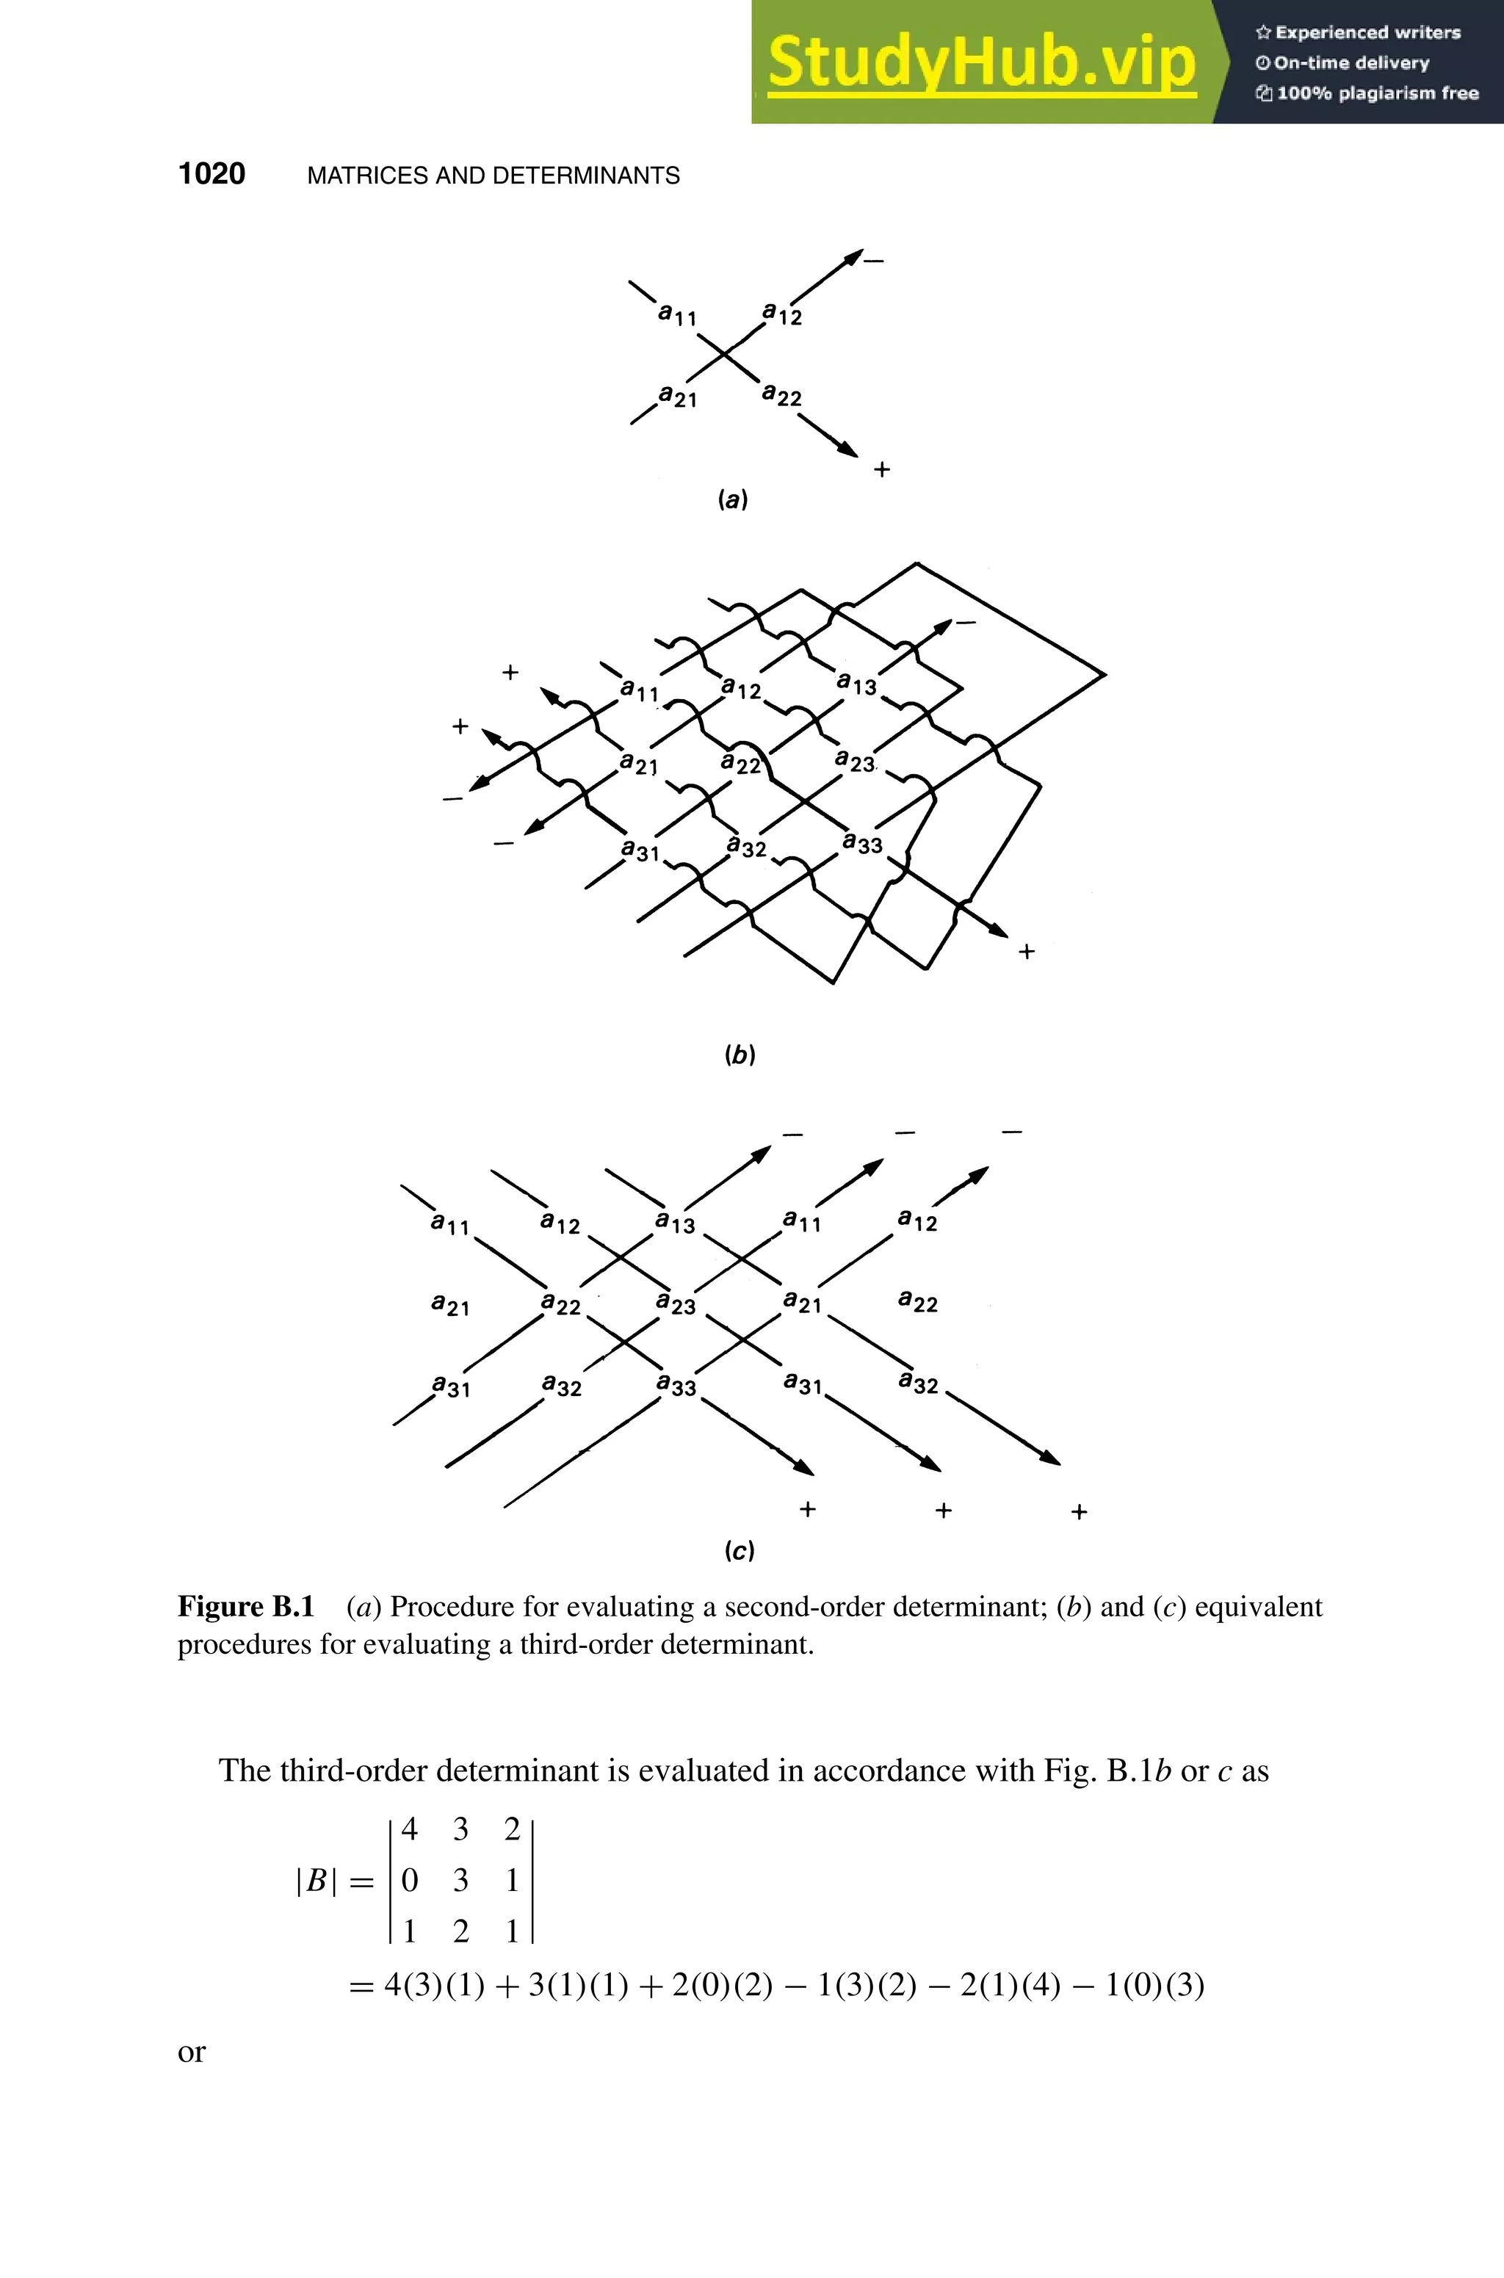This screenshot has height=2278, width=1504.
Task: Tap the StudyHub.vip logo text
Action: (981, 62)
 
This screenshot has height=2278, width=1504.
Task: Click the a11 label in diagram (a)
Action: (677, 314)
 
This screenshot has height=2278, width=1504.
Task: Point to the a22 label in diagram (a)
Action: (781, 395)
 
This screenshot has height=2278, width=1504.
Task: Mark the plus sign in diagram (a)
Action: (881, 469)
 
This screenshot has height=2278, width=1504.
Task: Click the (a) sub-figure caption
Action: (733, 499)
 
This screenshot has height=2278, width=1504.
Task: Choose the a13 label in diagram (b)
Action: (856, 684)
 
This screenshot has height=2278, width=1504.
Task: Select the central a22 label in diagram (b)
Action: (740, 764)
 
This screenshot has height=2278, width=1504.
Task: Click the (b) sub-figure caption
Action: (740, 1055)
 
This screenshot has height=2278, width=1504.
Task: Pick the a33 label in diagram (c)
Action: (676, 1385)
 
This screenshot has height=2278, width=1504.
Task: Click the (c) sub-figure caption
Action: (740, 1551)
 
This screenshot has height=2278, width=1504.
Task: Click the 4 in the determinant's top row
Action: (410, 1829)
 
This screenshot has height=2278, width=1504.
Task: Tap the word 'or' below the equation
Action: (192, 2052)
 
